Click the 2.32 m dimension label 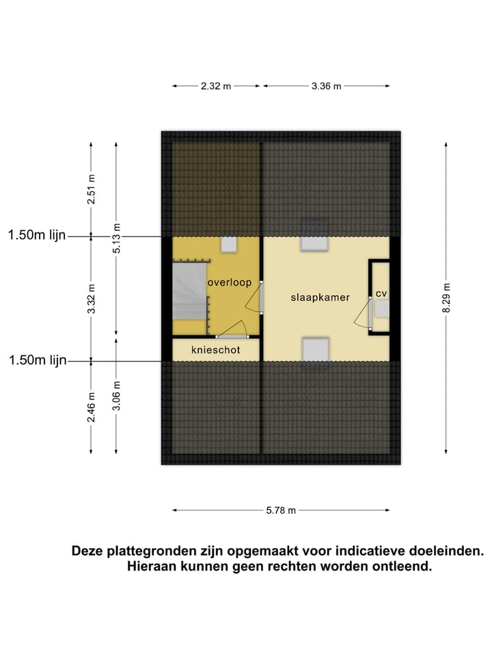coord(216,86)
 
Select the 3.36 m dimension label coord(326,86)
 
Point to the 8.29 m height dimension coord(446,297)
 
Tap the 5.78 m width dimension coord(281,510)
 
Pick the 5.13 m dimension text coord(117,238)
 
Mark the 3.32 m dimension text coord(91,298)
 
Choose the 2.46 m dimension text coord(91,407)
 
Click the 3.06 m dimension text coord(117,396)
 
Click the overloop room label coord(230,282)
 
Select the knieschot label coord(215,349)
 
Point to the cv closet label coord(381,293)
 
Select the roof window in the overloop coord(229,245)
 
